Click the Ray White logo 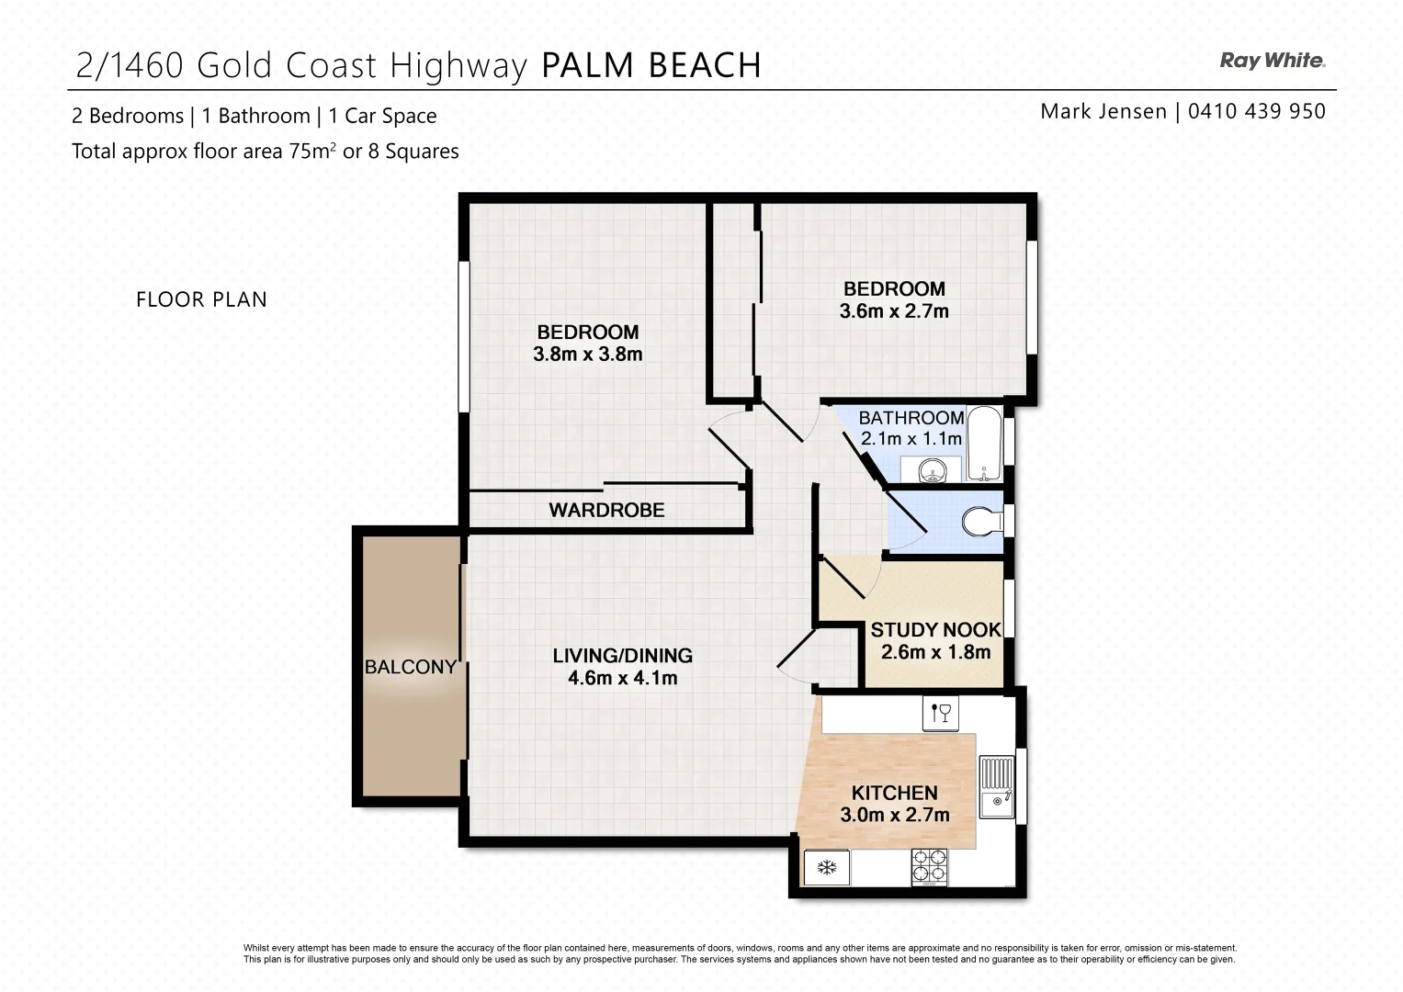point(1272,61)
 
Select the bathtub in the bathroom point(985,444)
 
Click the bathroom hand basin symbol point(932,471)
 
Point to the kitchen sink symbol point(996,787)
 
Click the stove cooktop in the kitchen point(929,866)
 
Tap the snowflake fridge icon point(827,867)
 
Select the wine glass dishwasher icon point(941,713)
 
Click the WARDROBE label point(606,510)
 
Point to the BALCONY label point(410,667)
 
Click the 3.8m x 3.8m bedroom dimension point(587,355)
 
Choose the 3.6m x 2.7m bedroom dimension point(893,311)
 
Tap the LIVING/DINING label point(622,656)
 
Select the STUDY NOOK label point(935,630)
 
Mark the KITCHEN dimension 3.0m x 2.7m point(894,815)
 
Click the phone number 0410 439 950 point(1256,111)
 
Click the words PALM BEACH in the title point(651,65)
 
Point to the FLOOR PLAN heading point(201,299)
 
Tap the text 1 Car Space point(382,116)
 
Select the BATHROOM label point(911,418)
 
